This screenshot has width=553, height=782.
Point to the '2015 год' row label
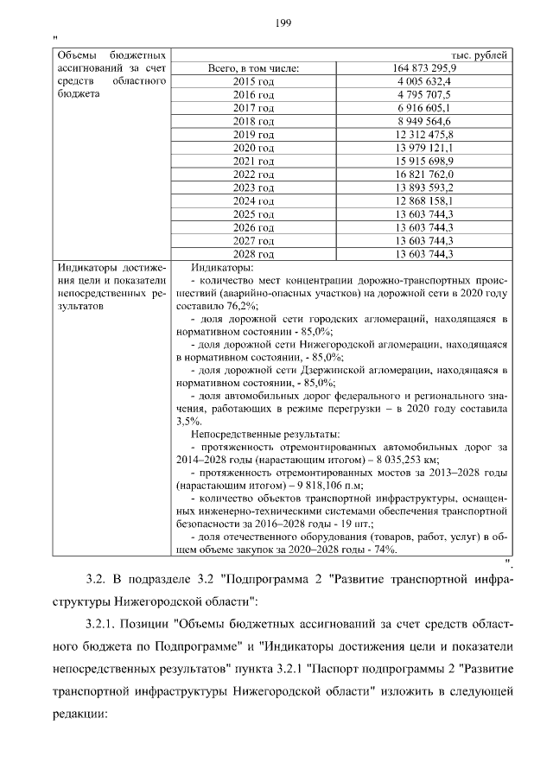pos(253,81)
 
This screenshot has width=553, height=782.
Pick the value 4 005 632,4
pos(424,81)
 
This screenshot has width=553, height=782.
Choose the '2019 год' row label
pos(253,135)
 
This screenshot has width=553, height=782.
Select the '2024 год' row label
pos(253,201)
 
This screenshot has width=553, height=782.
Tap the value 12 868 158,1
pos(424,201)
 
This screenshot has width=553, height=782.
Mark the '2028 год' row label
pos(253,255)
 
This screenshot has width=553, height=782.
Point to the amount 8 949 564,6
pos(424,122)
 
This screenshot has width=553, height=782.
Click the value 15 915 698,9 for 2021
pos(424,162)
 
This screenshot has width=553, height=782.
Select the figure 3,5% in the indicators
pos(188,421)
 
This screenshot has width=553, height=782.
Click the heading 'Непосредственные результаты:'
pos(264,434)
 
